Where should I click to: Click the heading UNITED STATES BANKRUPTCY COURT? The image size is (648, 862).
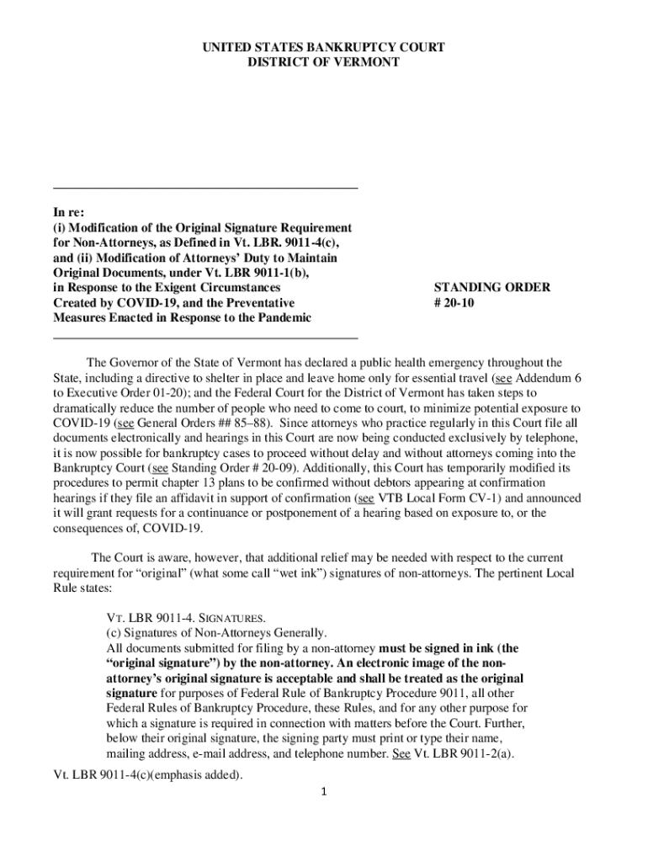[324, 48]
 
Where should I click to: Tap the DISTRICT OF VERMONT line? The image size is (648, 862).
[324, 62]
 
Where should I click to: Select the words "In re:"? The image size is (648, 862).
[68, 213]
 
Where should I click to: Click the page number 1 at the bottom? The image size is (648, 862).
[324, 792]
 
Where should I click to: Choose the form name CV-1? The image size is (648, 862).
[466, 498]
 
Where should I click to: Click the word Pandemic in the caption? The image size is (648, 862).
[281, 318]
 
